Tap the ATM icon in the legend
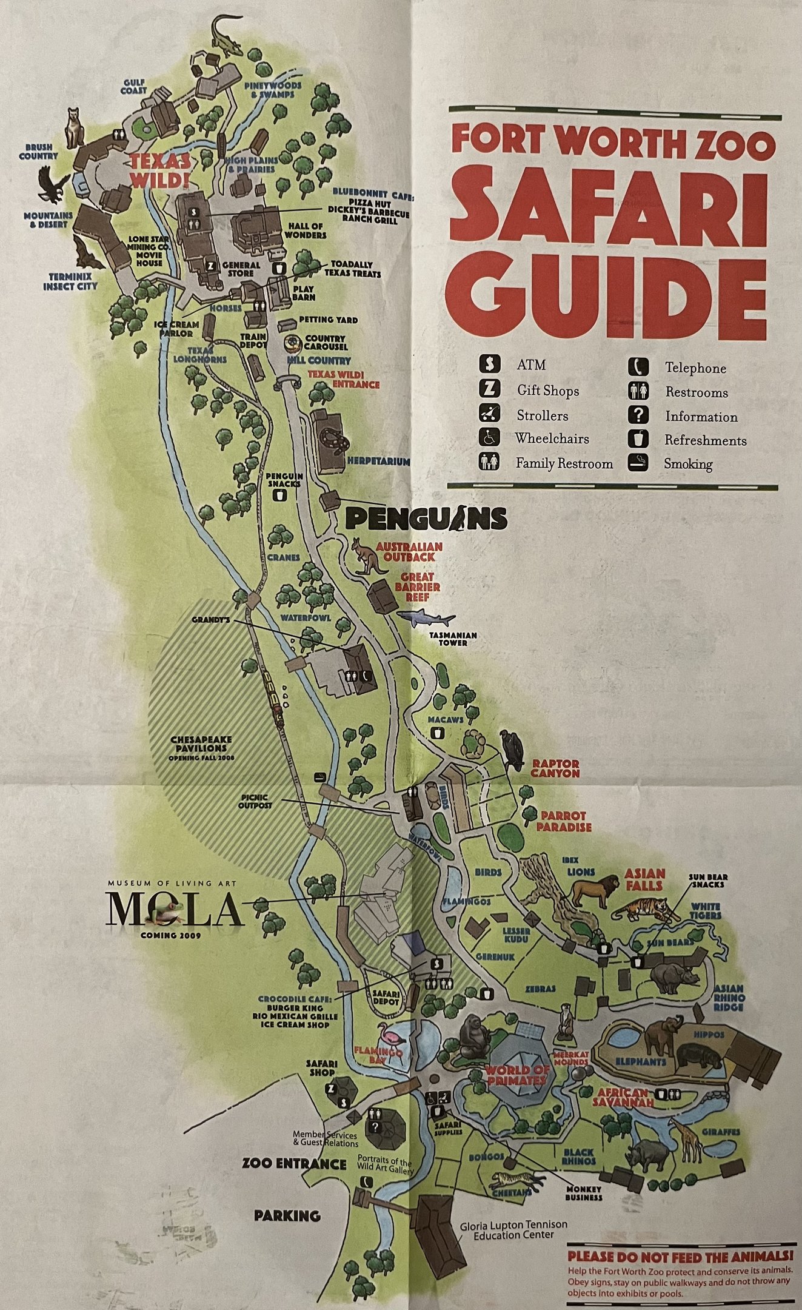tap(489, 365)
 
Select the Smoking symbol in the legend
tap(640, 463)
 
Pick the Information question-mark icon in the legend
tap(640, 416)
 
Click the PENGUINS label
tap(426, 519)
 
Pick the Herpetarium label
tap(378, 462)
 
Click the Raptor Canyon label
tap(556, 768)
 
